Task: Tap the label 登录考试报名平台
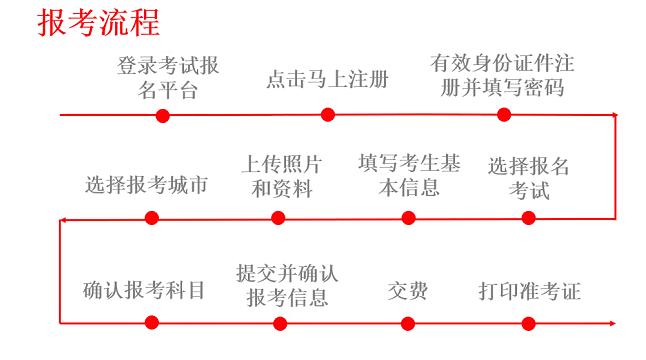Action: click(167, 78)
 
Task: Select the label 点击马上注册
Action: click(328, 78)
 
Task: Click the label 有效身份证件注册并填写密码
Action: click(503, 75)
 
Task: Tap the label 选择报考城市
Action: click(147, 184)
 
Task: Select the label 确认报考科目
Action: click(144, 291)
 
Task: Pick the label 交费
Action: click(407, 291)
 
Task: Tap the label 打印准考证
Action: click(530, 291)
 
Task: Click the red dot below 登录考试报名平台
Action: click(163, 115)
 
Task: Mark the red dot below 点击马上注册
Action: click(327, 115)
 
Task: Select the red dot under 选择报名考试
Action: click(528, 218)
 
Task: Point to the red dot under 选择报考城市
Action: click(151, 218)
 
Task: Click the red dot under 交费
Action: click(408, 323)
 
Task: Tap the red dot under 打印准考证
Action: click(527, 323)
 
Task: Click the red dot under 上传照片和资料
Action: click(278, 218)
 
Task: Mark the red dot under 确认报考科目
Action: click(151, 323)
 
